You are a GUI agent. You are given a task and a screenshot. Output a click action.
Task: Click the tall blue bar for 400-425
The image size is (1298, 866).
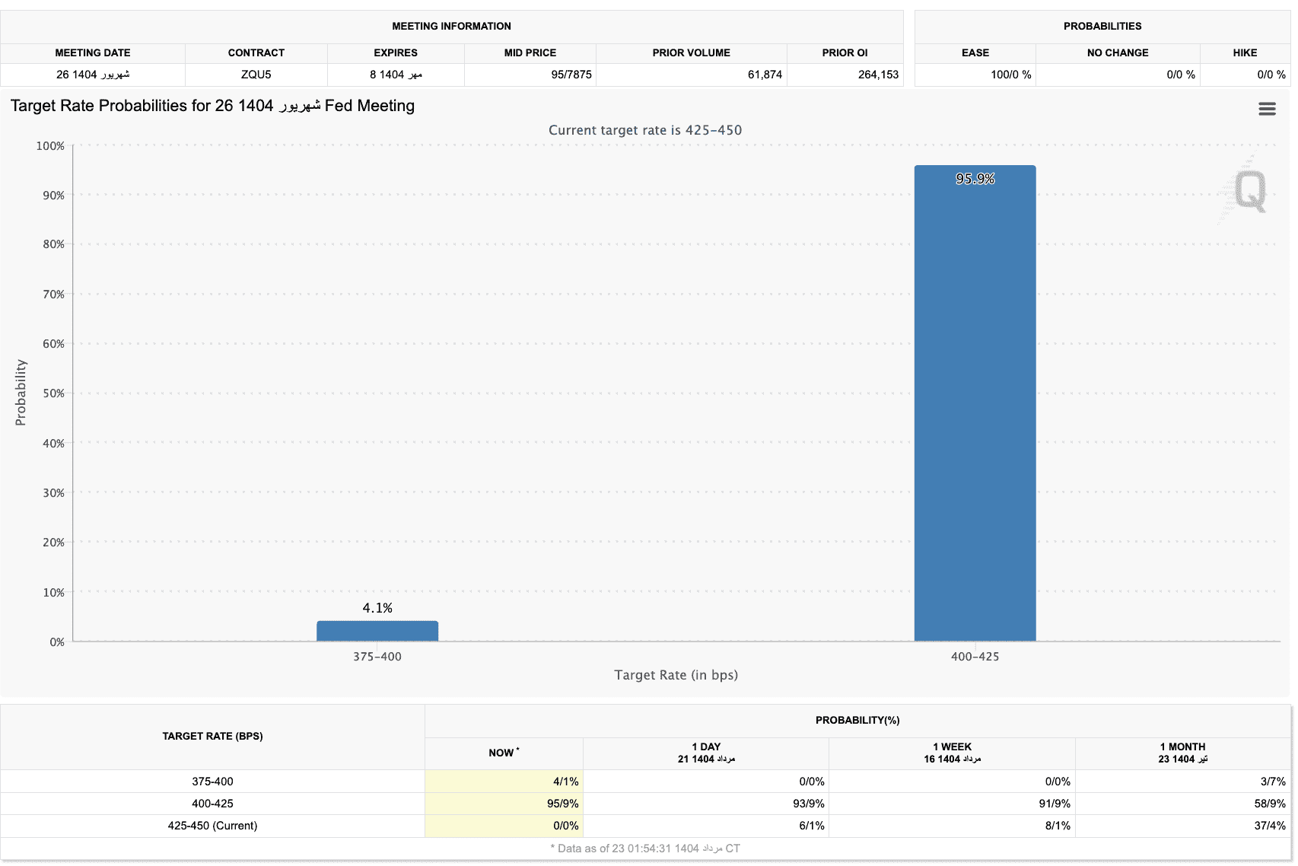pyautogui.click(x=975, y=403)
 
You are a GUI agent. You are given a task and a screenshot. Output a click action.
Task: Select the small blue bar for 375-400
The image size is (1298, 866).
pyautogui.click(x=377, y=631)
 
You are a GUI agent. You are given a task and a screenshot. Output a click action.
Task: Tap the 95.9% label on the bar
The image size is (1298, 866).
pyautogui.click(x=975, y=179)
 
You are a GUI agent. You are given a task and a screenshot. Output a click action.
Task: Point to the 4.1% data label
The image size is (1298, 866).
pyautogui.click(x=377, y=608)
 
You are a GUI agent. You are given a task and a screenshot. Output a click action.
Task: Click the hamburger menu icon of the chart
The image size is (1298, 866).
pyautogui.click(x=1267, y=109)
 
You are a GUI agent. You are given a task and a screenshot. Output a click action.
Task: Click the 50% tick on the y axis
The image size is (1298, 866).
pyautogui.click(x=53, y=393)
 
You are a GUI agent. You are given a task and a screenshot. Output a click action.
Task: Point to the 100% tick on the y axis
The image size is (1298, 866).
pyautogui.click(x=50, y=146)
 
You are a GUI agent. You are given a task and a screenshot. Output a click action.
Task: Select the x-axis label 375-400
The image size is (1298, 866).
pyautogui.click(x=377, y=657)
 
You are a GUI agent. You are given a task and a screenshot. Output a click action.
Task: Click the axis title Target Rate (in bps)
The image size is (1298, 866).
pyautogui.click(x=676, y=675)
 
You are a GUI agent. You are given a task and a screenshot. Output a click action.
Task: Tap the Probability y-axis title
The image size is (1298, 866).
pyautogui.click(x=21, y=393)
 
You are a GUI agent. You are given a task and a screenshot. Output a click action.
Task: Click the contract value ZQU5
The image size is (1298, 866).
pyautogui.click(x=256, y=75)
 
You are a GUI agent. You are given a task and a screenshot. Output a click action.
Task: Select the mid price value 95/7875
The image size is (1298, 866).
pyautogui.click(x=571, y=75)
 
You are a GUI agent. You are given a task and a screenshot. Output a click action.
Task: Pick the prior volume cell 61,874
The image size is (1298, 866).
pyautogui.click(x=765, y=75)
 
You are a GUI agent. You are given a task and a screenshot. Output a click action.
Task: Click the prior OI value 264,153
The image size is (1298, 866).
pyautogui.click(x=878, y=75)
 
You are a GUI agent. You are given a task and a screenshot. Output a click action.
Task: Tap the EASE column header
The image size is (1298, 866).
pyautogui.click(x=975, y=53)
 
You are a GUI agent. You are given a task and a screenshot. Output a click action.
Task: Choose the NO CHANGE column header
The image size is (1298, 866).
pyautogui.click(x=1117, y=53)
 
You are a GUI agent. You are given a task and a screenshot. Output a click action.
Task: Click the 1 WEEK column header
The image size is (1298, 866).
pyautogui.click(x=952, y=747)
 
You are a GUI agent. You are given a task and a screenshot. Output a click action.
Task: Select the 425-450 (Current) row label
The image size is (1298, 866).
pyautogui.click(x=212, y=826)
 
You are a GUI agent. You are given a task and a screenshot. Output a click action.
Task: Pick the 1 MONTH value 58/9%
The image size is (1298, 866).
pyautogui.click(x=1269, y=804)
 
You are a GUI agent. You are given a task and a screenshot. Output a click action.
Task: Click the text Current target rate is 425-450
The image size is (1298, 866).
pyautogui.click(x=645, y=130)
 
